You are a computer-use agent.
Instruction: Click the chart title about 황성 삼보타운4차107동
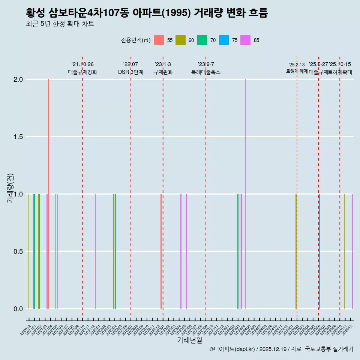tap(147, 13)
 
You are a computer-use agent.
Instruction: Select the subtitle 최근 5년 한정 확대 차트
tap(60, 24)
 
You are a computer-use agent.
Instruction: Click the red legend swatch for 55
tap(159, 40)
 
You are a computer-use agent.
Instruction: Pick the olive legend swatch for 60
tap(180, 40)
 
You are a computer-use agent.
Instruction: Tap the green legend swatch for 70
tap(202, 40)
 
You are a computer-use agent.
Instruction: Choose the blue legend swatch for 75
tap(224, 40)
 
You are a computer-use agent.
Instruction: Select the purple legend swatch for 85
tap(246, 40)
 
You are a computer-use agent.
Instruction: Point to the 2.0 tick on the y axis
tap(19, 79)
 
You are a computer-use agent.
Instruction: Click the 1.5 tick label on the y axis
tap(19, 137)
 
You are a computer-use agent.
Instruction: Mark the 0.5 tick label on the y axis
tap(19, 251)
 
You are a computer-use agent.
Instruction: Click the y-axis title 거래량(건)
tap(10, 188)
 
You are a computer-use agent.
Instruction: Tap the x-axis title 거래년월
tap(190, 340)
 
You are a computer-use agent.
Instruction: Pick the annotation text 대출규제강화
tap(82, 72)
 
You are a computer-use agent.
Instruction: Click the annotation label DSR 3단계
tap(130, 72)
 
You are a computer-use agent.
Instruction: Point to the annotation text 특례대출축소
tap(206, 72)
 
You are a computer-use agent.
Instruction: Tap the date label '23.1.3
tap(163, 64)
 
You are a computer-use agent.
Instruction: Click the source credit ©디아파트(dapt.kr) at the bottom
tap(232, 349)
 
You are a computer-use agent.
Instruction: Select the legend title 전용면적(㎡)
tap(135, 40)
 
